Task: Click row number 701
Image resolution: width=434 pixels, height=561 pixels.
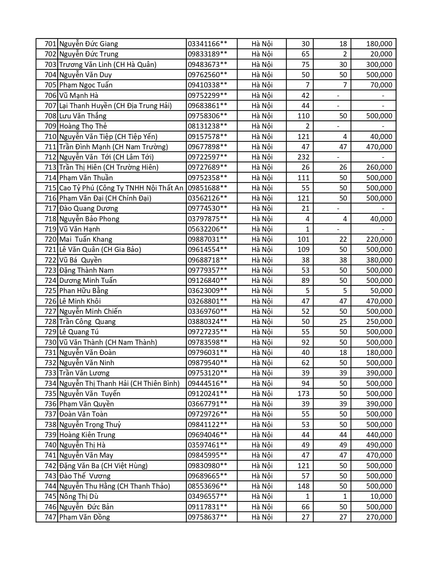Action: click(x=50, y=44)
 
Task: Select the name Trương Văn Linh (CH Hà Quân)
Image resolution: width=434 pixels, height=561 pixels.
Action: click(x=108, y=65)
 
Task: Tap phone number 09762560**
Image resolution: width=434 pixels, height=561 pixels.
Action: click(x=207, y=75)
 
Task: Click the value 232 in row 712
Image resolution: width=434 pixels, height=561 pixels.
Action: click(x=303, y=157)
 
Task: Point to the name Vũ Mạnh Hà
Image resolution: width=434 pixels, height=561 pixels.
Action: click(x=79, y=96)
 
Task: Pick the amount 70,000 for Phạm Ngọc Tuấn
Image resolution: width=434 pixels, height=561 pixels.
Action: click(x=381, y=85)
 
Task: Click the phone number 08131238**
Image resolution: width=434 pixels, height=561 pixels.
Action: click(x=207, y=126)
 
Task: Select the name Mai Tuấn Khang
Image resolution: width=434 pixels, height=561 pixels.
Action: click(x=85, y=239)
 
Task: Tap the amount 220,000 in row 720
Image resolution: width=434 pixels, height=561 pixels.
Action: click(x=379, y=239)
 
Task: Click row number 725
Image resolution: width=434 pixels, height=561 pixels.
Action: click(x=50, y=291)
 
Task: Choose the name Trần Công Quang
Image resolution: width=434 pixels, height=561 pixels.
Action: click(x=87, y=322)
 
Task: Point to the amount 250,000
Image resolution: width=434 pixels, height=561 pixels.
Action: click(x=379, y=322)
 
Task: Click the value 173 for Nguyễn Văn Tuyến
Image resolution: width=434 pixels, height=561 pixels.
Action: click(x=303, y=394)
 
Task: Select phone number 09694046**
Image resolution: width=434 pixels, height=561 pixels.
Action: click(x=207, y=435)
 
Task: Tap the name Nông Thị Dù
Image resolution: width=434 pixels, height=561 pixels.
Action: click(x=79, y=496)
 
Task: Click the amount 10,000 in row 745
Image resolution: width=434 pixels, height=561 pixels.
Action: click(x=381, y=496)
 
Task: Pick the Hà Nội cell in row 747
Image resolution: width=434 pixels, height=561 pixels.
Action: click(x=262, y=517)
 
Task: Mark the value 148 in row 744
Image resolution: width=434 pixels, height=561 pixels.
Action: click(x=303, y=486)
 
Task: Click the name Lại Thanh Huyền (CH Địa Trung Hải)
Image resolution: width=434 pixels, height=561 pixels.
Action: click(x=115, y=106)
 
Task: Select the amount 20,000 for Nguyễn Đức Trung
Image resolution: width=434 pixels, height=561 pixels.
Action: click(x=381, y=54)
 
